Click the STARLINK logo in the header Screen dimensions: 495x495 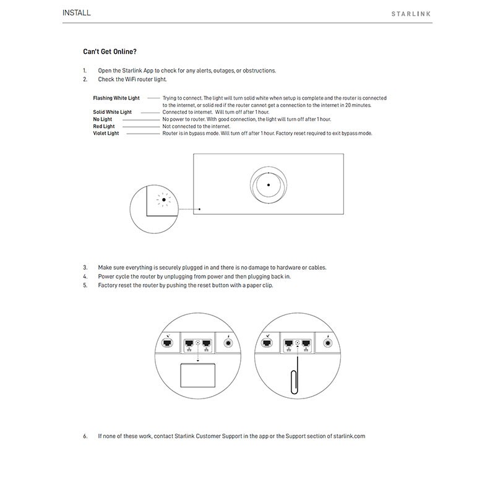click(411, 14)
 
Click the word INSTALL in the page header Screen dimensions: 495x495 click(77, 12)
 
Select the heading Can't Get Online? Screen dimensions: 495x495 click(110, 52)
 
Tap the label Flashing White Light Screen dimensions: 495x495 click(116, 98)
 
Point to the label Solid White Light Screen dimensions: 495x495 click(112, 112)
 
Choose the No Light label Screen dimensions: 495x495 click(103, 119)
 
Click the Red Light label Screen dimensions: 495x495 click(104, 126)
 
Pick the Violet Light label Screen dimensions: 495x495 click(106, 133)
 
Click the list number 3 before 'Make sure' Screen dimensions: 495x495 click(85, 267)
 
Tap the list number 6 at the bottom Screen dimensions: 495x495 click(85, 436)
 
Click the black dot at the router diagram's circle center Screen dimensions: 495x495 click(268, 184)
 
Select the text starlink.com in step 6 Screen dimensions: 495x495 click(349, 436)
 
